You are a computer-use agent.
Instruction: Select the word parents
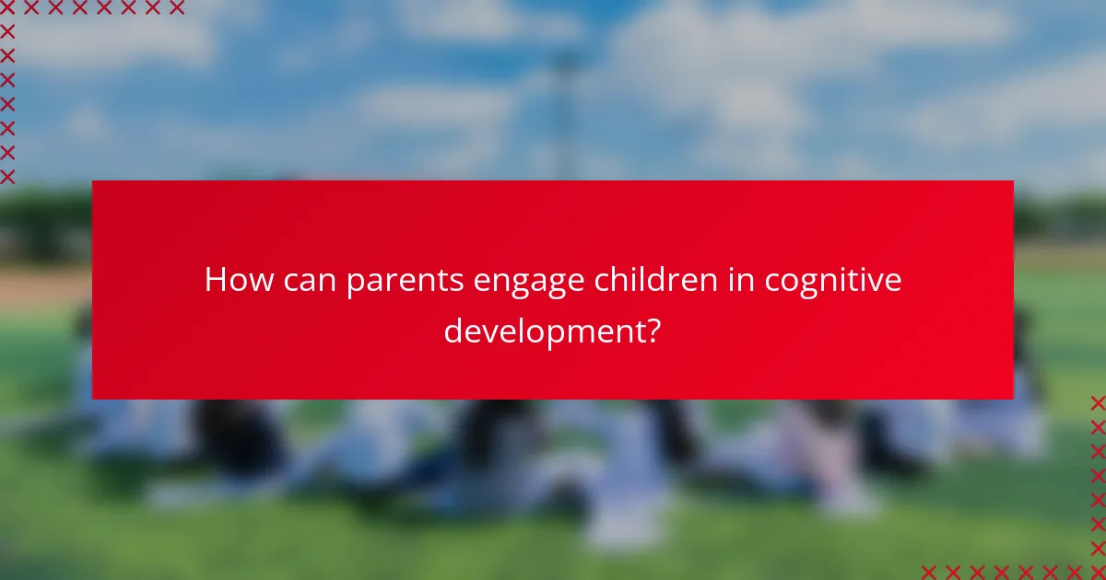[406, 282]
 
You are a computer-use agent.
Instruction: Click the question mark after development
[652, 329]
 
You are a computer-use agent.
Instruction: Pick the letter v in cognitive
[877, 280]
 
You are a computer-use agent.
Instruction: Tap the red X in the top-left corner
[7, 8]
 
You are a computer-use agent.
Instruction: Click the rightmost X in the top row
[176, 8]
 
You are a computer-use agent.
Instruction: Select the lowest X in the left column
[7, 176]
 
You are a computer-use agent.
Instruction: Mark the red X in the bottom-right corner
[1097, 572]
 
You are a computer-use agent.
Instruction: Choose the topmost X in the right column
[1097, 403]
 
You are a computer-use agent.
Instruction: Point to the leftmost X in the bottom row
[928, 572]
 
